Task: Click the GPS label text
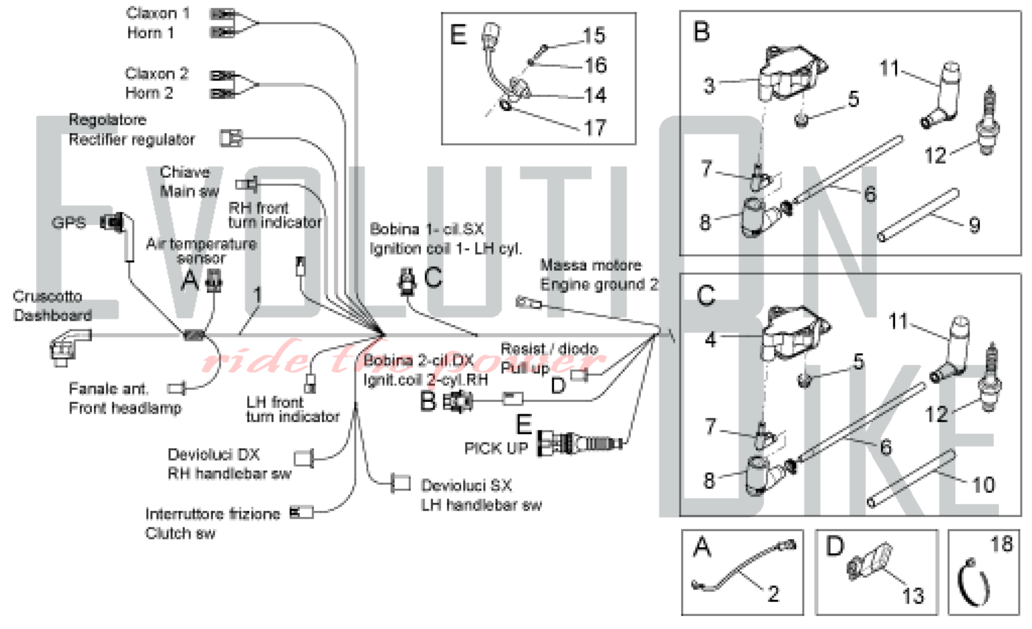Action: click(69, 223)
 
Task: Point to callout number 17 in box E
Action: click(595, 128)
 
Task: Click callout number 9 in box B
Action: click(974, 225)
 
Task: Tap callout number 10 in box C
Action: click(983, 485)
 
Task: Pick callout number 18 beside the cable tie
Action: click(1002, 544)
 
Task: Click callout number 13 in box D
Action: click(913, 596)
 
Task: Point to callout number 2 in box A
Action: click(773, 594)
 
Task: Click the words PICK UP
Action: click(496, 448)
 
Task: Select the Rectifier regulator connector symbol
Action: click(231, 138)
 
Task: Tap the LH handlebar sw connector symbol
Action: click(401, 484)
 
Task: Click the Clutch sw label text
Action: click(180, 533)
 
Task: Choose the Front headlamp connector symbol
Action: click(177, 388)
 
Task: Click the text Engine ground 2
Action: click(599, 285)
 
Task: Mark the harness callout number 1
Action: click(257, 295)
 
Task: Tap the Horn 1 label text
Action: click(150, 33)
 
